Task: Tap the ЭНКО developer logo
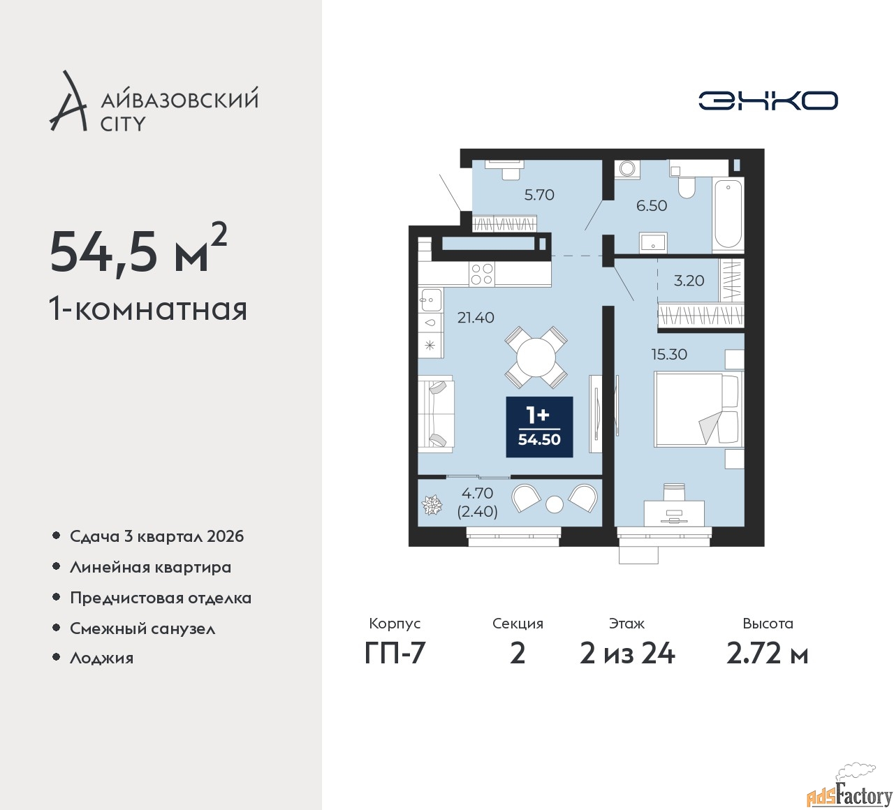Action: tap(768, 101)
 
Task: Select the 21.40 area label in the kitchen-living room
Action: tap(476, 318)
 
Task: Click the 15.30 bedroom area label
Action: tap(669, 355)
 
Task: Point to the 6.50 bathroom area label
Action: tap(652, 206)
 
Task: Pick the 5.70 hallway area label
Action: tap(539, 195)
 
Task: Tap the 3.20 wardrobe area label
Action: tap(689, 281)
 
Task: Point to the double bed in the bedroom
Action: tap(698, 409)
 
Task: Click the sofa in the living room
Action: tap(436, 414)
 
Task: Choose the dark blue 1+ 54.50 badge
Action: tap(539, 427)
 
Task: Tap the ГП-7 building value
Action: tap(395, 654)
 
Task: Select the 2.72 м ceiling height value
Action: tap(768, 654)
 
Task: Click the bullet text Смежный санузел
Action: tap(142, 628)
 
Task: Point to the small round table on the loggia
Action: tap(555, 504)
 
